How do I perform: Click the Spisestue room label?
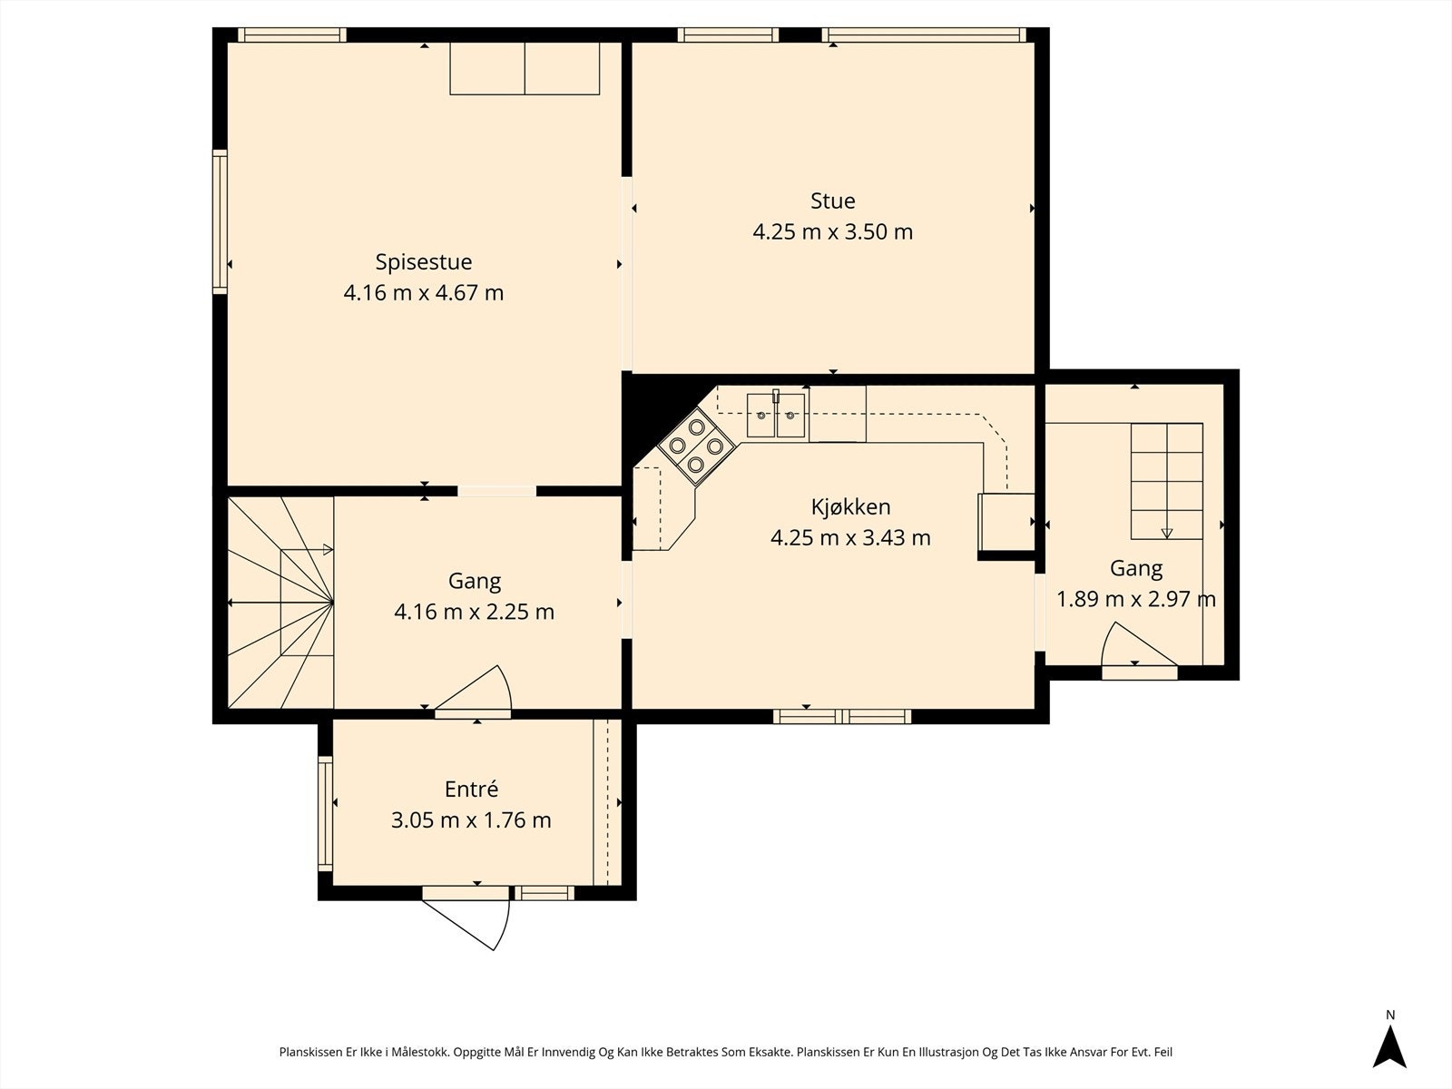click(x=424, y=262)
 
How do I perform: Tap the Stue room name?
click(x=833, y=201)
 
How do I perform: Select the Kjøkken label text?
click(x=850, y=507)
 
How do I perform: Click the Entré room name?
click(x=471, y=789)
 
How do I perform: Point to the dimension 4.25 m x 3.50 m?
click(x=833, y=232)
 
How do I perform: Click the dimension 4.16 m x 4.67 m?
click(x=424, y=293)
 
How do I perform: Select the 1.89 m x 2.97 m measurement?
click(x=1136, y=599)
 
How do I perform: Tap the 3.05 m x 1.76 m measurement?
click(x=471, y=819)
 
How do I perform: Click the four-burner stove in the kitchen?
click(x=696, y=446)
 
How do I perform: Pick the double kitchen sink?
click(x=777, y=415)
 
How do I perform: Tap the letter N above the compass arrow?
click(x=1389, y=1015)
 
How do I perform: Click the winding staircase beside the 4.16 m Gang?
click(x=280, y=603)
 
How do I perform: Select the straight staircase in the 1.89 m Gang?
click(x=1166, y=481)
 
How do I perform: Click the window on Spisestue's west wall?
click(x=220, y=221)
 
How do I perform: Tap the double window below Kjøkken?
click(x=842, y=716)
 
